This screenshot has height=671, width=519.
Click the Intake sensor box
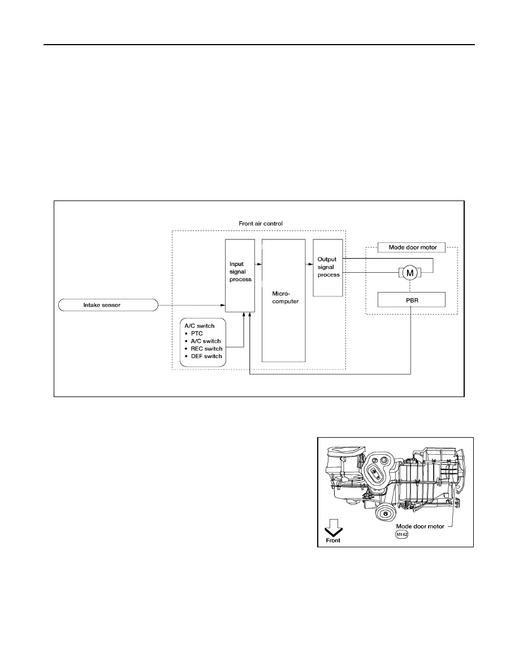108,305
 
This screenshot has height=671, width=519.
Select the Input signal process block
240,275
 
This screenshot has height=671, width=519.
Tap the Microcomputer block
283,300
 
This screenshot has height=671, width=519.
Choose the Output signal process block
327,268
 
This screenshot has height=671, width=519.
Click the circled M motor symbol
410,273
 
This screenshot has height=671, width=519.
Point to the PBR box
412,300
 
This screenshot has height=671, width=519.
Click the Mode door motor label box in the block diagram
412,247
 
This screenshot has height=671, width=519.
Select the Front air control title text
261,223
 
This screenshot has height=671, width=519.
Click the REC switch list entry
204,348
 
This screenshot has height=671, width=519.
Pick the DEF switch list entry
204,356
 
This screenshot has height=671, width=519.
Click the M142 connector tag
401,534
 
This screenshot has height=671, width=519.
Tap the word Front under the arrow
333,541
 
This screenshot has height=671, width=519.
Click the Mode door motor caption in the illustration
420,526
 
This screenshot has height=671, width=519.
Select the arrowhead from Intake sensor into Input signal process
223,305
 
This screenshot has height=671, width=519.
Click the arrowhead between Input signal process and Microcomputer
259,264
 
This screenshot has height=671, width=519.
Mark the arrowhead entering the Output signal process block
310,264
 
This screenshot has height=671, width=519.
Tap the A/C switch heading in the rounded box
199,326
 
